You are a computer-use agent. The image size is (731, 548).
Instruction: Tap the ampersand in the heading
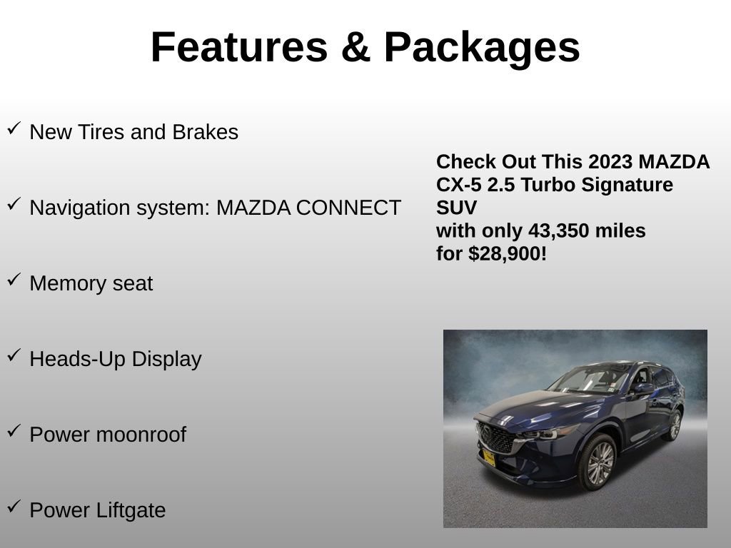[355, 48]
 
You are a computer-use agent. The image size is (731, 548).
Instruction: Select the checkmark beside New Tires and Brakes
[14, 129]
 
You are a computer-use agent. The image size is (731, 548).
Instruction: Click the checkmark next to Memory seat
[14, 280]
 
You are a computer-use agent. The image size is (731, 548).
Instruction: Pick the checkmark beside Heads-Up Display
[14, 356]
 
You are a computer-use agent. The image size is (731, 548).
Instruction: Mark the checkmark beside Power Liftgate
[14, 507]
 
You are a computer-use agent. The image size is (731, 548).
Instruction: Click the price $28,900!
[508, 254]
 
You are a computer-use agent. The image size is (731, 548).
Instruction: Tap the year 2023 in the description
[610, 162]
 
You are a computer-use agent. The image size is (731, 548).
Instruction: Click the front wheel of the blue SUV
[598, 463]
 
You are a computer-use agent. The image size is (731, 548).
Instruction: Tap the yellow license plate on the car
[489, 457]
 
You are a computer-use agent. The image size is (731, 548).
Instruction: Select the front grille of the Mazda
[496, 437]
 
